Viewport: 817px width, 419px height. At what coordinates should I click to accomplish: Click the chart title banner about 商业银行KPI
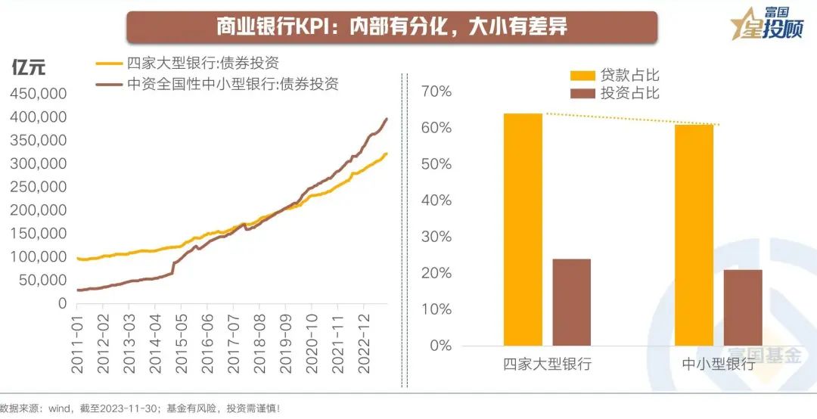tap(391, 26)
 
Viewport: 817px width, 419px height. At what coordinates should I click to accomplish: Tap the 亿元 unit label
tap(29, 67)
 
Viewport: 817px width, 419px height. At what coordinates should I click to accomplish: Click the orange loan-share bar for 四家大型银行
tap(523, 229)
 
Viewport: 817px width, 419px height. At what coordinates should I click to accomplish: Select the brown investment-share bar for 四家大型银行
tap(571, 302)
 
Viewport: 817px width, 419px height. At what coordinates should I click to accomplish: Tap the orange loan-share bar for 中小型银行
tap(694, 234)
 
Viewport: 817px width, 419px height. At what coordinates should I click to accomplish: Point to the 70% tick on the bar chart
tap(436, 92)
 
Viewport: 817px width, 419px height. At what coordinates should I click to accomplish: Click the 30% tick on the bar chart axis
tap(436, 237)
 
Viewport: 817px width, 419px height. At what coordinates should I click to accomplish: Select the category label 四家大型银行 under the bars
tap(547, 364)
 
